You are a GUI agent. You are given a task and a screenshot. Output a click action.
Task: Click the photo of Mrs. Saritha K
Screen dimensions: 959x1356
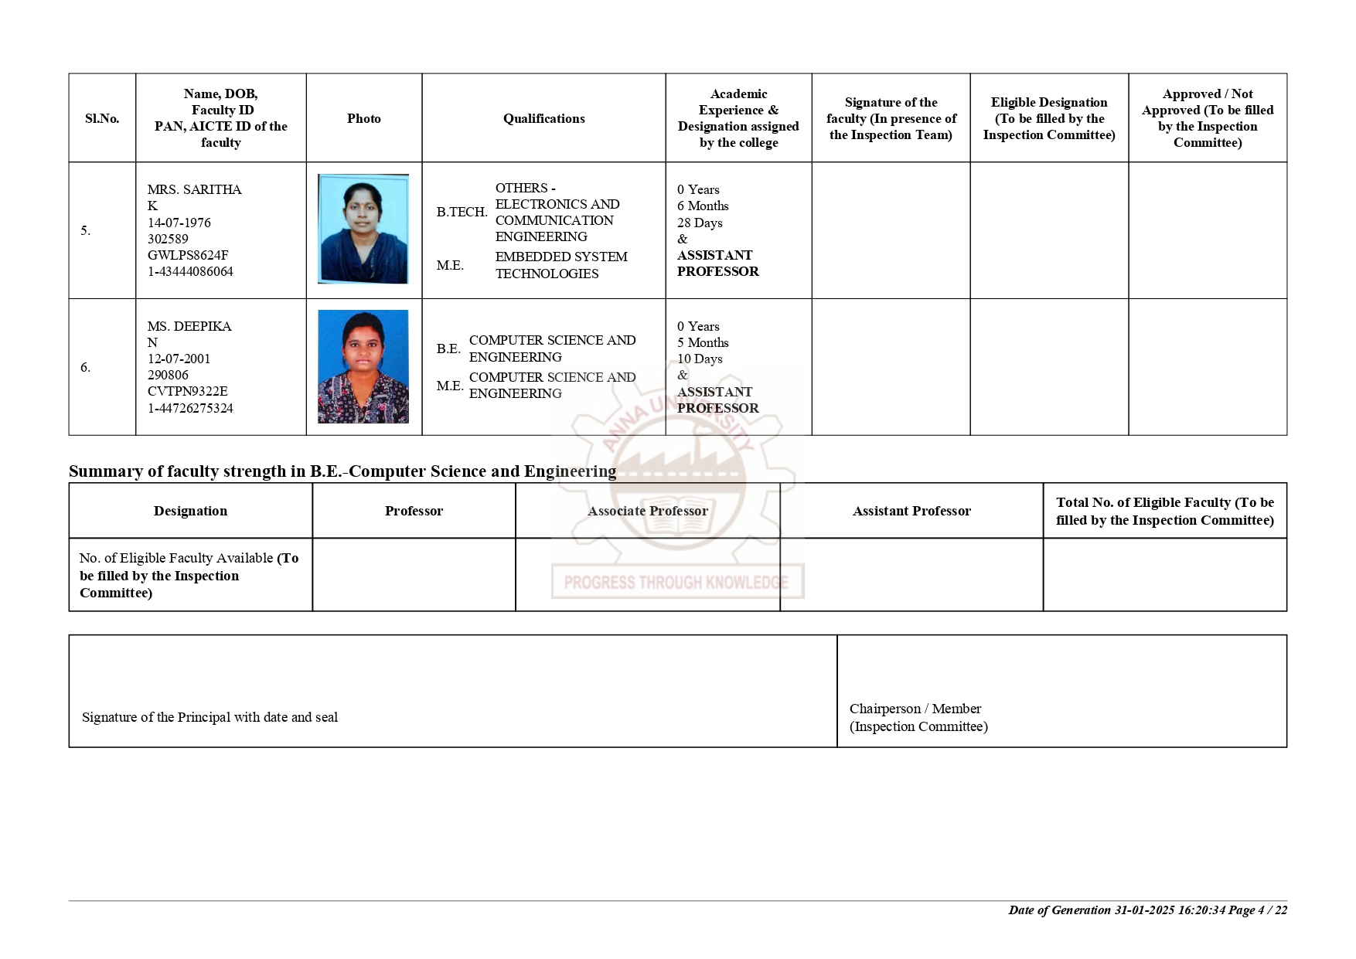[363, 229]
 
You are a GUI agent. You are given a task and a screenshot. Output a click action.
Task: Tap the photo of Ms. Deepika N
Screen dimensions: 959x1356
[363, 366]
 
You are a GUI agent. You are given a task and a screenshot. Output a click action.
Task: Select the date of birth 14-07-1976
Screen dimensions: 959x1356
[179, 223]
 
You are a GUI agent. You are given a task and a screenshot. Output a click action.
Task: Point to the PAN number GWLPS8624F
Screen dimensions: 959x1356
[188, 255]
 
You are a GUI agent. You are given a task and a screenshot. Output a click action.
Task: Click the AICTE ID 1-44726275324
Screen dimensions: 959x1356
[190, 408]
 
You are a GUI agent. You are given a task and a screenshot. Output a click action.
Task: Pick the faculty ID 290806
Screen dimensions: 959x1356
[168, 375]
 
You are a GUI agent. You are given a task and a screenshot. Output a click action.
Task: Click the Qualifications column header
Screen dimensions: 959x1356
[543, 118]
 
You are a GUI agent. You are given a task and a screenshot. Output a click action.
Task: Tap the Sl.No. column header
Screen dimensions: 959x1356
[102, 118]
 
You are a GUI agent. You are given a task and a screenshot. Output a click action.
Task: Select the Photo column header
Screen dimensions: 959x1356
[363, 118]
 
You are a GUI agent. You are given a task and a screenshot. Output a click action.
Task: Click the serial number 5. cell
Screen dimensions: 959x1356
[86, 230]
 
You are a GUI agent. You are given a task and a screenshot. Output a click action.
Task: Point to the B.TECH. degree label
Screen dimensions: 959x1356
[462, 212]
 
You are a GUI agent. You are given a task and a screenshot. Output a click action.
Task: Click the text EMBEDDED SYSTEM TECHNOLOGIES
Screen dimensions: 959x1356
[561, 265]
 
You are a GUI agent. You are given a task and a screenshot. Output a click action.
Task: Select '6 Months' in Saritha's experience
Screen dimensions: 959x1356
[703, 206]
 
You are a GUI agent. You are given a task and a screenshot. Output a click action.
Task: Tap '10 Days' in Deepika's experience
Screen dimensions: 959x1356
[700, 359]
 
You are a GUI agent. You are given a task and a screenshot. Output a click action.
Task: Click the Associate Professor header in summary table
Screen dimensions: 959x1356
[647, 511]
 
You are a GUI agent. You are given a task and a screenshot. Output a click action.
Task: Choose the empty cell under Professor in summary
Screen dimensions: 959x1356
[414, 574]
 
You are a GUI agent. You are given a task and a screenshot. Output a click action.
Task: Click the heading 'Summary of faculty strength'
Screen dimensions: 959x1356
[342, 471]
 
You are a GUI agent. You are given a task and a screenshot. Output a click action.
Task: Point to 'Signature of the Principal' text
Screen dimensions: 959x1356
[210, 717]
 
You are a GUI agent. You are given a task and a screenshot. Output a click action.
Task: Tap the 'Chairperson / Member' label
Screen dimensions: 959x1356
[915, 709]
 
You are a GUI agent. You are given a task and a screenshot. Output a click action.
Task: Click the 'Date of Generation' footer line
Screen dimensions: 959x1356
[1147, 910]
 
